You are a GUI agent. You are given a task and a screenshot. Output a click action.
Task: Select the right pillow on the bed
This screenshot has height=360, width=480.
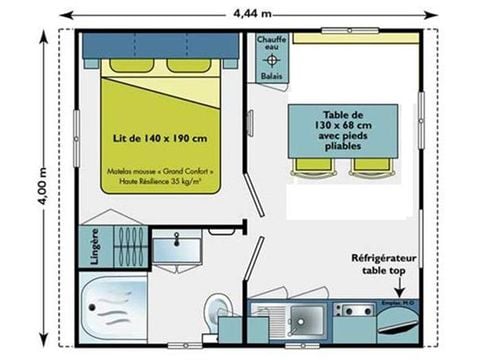188,68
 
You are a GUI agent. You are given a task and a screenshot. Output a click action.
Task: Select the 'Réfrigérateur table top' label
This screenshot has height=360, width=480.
385,263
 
